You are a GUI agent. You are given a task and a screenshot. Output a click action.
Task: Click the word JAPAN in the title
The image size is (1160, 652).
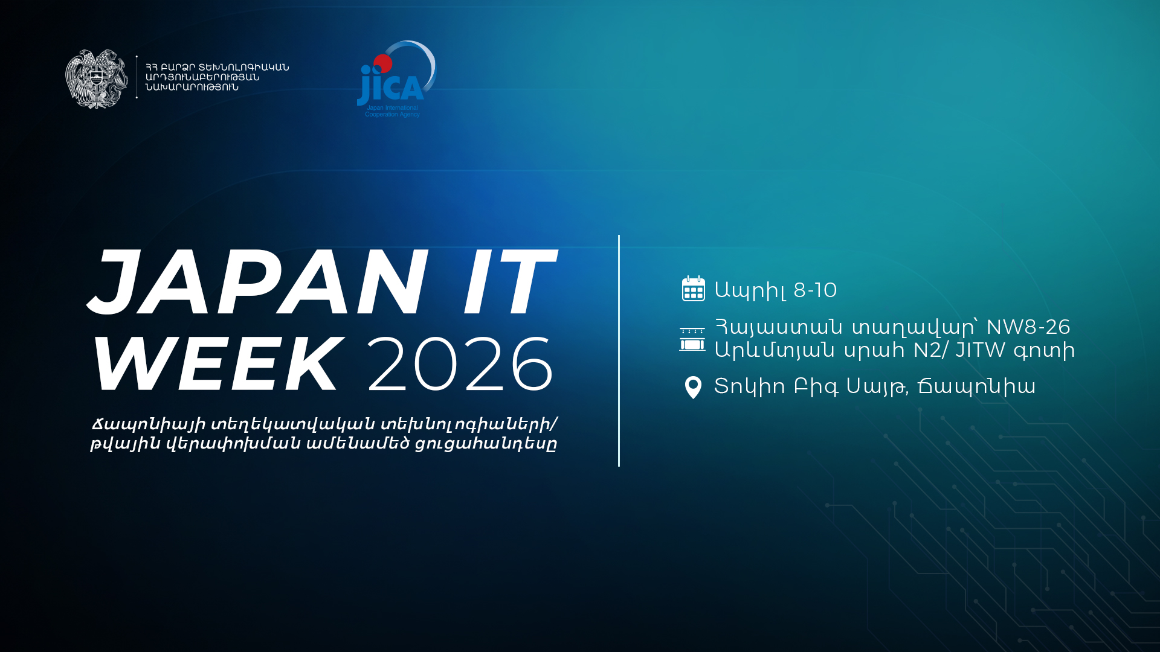258,283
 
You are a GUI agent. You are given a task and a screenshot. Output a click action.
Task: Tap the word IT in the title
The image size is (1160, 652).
509,283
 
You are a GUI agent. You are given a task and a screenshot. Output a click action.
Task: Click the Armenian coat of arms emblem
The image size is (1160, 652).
97,79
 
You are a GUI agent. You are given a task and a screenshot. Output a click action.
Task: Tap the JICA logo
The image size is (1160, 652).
396,79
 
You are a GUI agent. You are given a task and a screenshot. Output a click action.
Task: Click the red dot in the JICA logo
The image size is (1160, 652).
383,63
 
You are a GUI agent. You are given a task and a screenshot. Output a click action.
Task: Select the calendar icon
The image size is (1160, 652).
693,289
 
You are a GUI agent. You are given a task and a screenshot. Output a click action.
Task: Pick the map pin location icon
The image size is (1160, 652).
693,388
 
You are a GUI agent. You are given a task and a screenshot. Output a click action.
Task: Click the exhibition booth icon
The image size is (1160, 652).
692,339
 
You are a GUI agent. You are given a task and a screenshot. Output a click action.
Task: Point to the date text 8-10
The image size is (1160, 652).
815,290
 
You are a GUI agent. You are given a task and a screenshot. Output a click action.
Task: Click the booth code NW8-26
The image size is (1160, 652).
1028,327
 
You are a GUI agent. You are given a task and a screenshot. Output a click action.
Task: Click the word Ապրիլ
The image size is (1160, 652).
750,291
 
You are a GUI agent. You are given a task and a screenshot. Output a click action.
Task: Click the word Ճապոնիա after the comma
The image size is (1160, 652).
977,386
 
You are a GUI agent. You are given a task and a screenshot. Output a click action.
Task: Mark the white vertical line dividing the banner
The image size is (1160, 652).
619,351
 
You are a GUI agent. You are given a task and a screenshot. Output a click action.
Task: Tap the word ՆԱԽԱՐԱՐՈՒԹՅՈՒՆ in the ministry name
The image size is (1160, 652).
192,88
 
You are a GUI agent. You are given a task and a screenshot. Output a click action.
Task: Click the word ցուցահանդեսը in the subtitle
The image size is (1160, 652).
486,444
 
